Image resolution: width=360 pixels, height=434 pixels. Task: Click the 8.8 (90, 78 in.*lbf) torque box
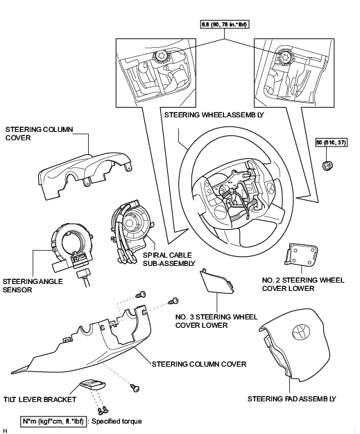(224, 24)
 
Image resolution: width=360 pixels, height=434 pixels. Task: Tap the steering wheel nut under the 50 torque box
(327, 165)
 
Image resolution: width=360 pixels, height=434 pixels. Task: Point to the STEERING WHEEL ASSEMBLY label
(214, 115)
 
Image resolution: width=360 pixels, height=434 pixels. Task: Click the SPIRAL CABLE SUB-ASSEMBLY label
(169, 259)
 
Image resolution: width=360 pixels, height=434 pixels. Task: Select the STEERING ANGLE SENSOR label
(33, 285)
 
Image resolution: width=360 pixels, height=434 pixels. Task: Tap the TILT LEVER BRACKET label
(40, 399)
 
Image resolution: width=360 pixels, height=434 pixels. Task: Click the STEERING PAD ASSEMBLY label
(292, 399)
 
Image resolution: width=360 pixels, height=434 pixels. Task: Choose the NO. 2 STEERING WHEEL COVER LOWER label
(303, 284)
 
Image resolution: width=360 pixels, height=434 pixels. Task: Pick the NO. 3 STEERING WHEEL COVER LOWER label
(216, 321)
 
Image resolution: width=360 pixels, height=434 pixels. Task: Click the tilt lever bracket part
(93, 385)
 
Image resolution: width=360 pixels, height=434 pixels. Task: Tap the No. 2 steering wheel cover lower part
(301, 254)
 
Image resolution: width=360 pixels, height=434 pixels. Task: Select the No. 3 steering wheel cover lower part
(217, 281)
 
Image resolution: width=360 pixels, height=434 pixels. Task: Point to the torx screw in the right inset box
(284, 56)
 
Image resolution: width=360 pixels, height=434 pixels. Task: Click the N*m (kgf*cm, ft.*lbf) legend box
(53, 422)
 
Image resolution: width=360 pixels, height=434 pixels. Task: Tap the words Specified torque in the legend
(117, 422)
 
